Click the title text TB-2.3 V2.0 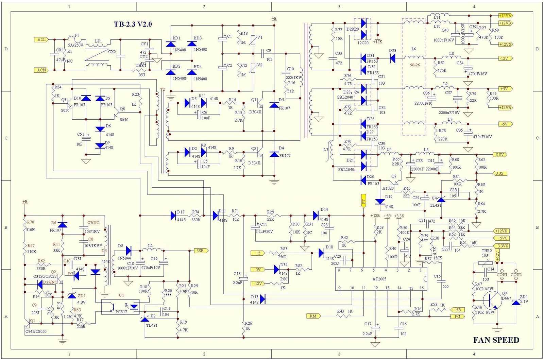133,24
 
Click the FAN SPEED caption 496,340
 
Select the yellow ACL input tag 41,40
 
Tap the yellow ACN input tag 41,70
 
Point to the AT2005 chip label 379,279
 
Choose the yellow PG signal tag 457,316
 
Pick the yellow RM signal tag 313,316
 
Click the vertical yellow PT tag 363,201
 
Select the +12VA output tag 505,16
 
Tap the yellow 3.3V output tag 500,155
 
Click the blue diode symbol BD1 171,44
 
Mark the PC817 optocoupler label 121,312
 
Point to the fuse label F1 76,35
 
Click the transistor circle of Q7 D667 492,301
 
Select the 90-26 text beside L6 414,65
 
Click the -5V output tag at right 505,124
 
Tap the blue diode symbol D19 380,201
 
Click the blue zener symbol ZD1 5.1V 516,302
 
